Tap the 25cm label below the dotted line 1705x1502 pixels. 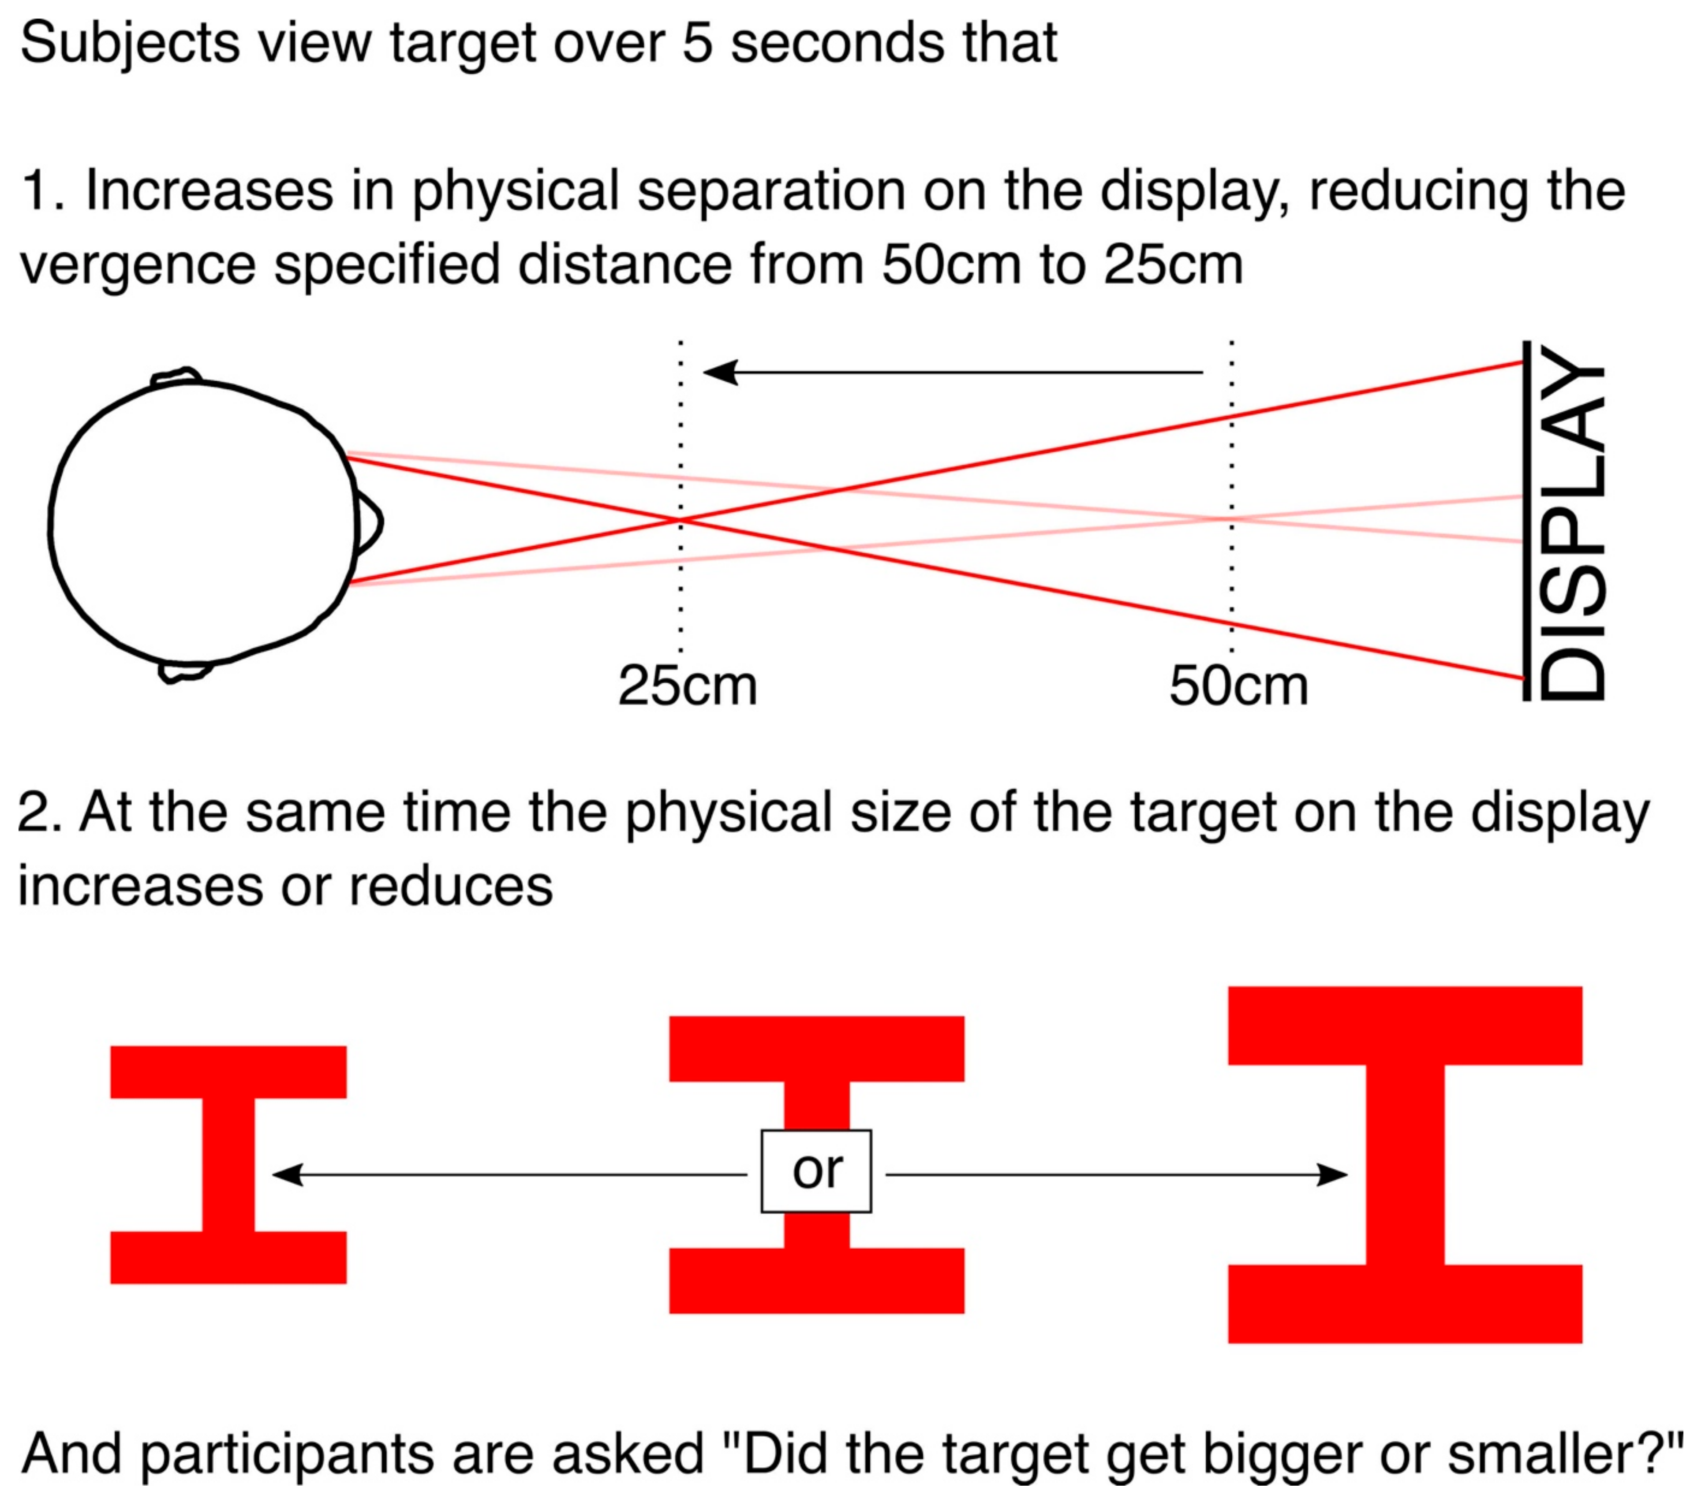coord(688,686)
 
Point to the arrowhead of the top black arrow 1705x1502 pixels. coord(719,372)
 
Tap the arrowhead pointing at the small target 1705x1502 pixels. coord(285,1174)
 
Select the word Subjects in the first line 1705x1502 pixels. coord(129,43)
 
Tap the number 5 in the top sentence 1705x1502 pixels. coord(697,43)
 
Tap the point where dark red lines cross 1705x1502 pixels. coord(681,520)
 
